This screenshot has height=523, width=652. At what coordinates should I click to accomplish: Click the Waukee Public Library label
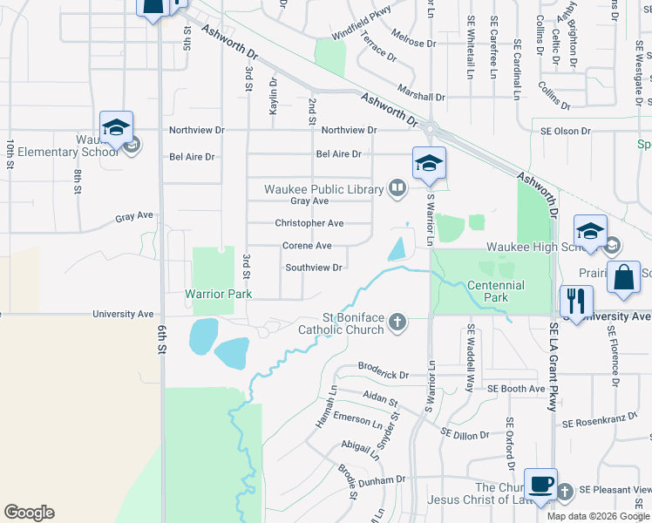click(324, 189)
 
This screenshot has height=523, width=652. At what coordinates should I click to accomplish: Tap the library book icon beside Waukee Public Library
click(397, 187)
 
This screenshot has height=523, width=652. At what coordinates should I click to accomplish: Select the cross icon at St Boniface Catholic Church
click(397, 323)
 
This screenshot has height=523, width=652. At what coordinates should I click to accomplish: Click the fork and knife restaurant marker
click(576, 302)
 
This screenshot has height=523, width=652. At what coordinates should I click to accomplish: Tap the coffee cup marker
click(540, 484)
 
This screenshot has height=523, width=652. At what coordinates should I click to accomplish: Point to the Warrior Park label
click(218, 295)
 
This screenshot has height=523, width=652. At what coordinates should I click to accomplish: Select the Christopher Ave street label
click(309, 223)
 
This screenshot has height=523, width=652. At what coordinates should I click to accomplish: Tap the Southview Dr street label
click(313, 268)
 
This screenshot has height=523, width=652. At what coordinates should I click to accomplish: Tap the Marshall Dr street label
click(421, 98)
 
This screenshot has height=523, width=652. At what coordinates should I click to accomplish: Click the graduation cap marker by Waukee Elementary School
click(116, 128)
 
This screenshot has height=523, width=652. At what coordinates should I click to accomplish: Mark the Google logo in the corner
click(29, 513)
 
